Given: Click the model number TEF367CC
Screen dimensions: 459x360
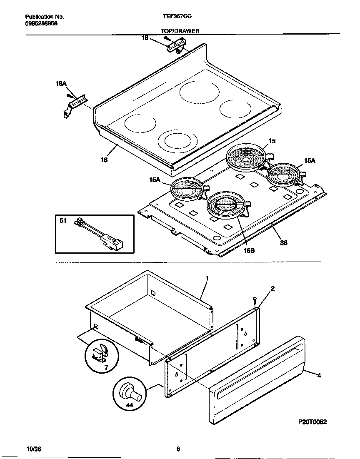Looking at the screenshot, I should tap(177, 17).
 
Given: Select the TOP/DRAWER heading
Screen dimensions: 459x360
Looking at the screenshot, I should tap(180, 31).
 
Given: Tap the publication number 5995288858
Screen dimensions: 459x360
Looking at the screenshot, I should tap(41, 24).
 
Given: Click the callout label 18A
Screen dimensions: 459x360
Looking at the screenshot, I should tap(61, 84).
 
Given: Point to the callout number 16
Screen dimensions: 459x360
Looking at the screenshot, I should tap(104, 160).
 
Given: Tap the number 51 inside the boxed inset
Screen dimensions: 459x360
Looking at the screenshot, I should tap(63, 221).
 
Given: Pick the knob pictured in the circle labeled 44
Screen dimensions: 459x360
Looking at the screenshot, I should tap(128, 392).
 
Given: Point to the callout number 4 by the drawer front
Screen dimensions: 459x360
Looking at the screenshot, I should tap(319, 375).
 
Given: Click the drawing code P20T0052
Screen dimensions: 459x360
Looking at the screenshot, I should tap(312, 422).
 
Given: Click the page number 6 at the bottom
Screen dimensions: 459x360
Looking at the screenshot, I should tap(178, 449).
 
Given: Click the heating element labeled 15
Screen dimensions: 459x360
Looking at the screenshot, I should tap(246, 157).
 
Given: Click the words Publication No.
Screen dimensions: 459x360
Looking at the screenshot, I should tap(45, 17).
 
